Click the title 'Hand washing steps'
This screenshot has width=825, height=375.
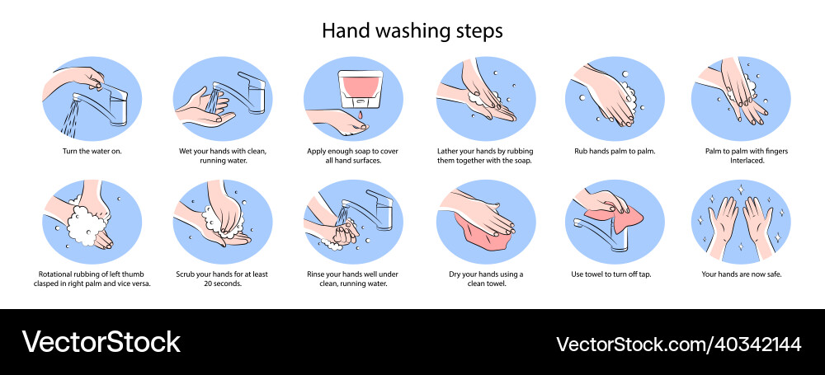412,30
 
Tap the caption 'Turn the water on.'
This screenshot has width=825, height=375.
92,152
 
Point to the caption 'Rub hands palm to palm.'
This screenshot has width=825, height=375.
615,152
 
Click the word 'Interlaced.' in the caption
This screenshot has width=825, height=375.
742,161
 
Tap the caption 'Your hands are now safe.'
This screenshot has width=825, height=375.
742,274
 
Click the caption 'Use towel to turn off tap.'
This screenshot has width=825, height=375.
615,274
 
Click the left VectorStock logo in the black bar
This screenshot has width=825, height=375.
101,342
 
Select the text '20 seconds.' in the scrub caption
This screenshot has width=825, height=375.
223,283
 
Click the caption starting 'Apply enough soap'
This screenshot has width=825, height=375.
352,156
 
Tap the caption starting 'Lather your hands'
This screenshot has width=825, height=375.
483,156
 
